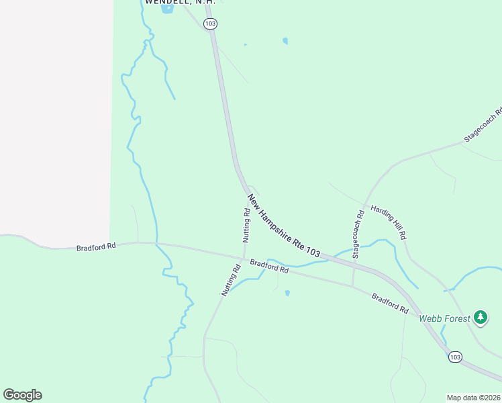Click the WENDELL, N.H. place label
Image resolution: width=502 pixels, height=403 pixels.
pyautogui.click(x=180, y=3)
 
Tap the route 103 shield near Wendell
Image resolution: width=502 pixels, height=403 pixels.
pyautogui.click(x=211, y=24)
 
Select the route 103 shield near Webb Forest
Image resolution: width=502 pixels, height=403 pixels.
pyautogui.click(x=455, y=357)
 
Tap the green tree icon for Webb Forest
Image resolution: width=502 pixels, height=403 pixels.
pyautogui.click(x=480, y=317)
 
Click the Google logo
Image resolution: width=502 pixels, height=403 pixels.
pyautogui.click(x=22, y=395)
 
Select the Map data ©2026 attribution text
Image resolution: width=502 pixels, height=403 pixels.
pyautogui.click(x=474, y=398)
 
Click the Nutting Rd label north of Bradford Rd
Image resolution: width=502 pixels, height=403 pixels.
pyautogui.click(x=246, y=225)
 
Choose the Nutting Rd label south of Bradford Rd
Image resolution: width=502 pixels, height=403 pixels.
pyautogui.click(x=231, y=281)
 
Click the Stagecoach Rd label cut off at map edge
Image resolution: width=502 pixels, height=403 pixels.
pyautogui.click(x=483, y=126)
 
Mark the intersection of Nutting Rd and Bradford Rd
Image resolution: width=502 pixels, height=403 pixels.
pyautogui.click(x=243, y=257)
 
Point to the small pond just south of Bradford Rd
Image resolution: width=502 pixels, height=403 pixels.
pyautogui.click(x=287, y=293)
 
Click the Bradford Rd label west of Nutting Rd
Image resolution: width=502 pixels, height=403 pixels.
pyautogui.click(x=96, y=247)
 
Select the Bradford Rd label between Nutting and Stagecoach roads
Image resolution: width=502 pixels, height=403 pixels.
pyautogui.click(x=269, y=266)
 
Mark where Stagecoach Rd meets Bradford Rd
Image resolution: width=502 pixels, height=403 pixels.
pyautogui.click(x=352, y=286)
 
